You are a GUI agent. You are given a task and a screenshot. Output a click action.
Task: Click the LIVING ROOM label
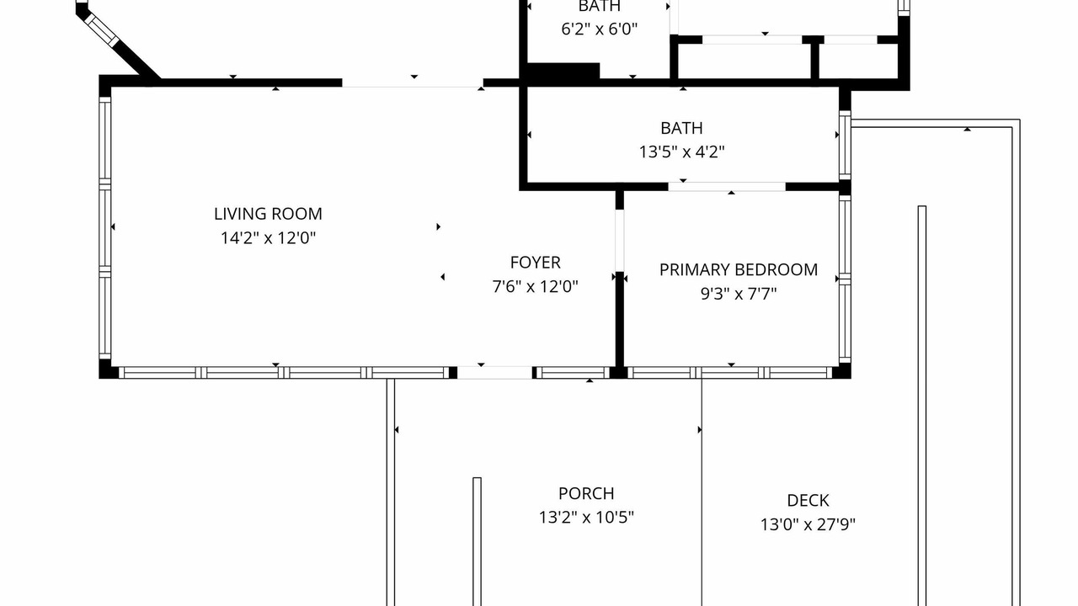[268, 214]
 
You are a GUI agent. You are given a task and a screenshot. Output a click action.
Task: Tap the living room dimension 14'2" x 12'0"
[268, 237]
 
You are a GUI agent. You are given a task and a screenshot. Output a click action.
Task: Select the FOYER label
[535, 263]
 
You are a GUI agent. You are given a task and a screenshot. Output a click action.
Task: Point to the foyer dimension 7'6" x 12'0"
[535, 287]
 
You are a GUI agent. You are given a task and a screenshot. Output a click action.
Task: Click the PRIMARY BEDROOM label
[739, 270]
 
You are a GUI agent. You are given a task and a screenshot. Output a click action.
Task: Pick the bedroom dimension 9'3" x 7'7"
[739, 294]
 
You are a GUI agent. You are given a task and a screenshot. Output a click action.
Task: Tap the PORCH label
[586, 493]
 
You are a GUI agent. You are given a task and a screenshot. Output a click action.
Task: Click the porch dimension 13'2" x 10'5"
[586, 518]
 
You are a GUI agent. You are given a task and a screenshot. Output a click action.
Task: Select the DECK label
[808, 501]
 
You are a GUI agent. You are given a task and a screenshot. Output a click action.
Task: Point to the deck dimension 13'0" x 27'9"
[808, 524]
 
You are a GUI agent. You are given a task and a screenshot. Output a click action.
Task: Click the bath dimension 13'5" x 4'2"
[681, 152]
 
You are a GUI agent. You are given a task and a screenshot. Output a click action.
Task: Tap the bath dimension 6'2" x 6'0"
[599, 29]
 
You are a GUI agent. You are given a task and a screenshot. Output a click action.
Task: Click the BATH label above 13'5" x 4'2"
[681, 128]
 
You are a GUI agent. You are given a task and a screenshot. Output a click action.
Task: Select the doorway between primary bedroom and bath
[727, 187]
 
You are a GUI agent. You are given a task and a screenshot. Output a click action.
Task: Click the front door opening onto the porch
[494, 373]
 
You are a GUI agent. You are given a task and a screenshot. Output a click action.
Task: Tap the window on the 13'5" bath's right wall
[845, 146]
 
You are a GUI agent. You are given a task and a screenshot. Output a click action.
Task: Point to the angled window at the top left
[101, 29]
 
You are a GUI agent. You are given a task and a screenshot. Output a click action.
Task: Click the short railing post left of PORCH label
[477, 541]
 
